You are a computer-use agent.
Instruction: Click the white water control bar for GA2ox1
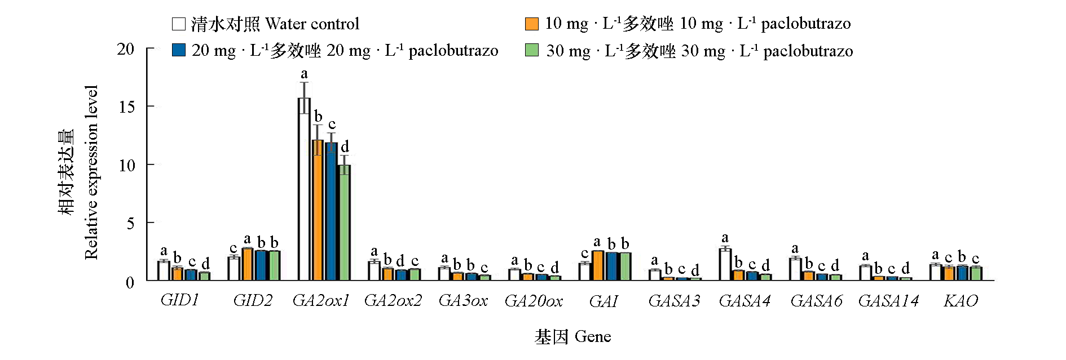304,189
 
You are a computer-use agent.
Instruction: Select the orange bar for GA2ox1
318,210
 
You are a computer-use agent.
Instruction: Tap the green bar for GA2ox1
344,223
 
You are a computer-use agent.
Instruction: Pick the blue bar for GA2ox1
331,211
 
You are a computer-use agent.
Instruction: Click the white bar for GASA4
725,264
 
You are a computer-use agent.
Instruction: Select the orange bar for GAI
598,265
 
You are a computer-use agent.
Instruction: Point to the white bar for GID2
234,269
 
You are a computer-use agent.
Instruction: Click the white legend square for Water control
178,24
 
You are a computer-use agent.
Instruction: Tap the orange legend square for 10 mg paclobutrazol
531,24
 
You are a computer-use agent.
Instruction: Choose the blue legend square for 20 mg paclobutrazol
178,50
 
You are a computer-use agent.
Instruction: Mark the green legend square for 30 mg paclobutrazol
531,50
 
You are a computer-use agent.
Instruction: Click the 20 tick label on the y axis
126,49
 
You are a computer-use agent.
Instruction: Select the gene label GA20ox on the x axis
534,301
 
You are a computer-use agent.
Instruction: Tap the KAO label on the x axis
961,301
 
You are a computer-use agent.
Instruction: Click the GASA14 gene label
888,301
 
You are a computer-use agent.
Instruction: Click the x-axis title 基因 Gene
572,337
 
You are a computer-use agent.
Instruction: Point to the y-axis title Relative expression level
91,172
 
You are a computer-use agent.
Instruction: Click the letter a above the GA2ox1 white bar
305,74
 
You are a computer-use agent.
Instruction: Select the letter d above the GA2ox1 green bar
345,146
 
